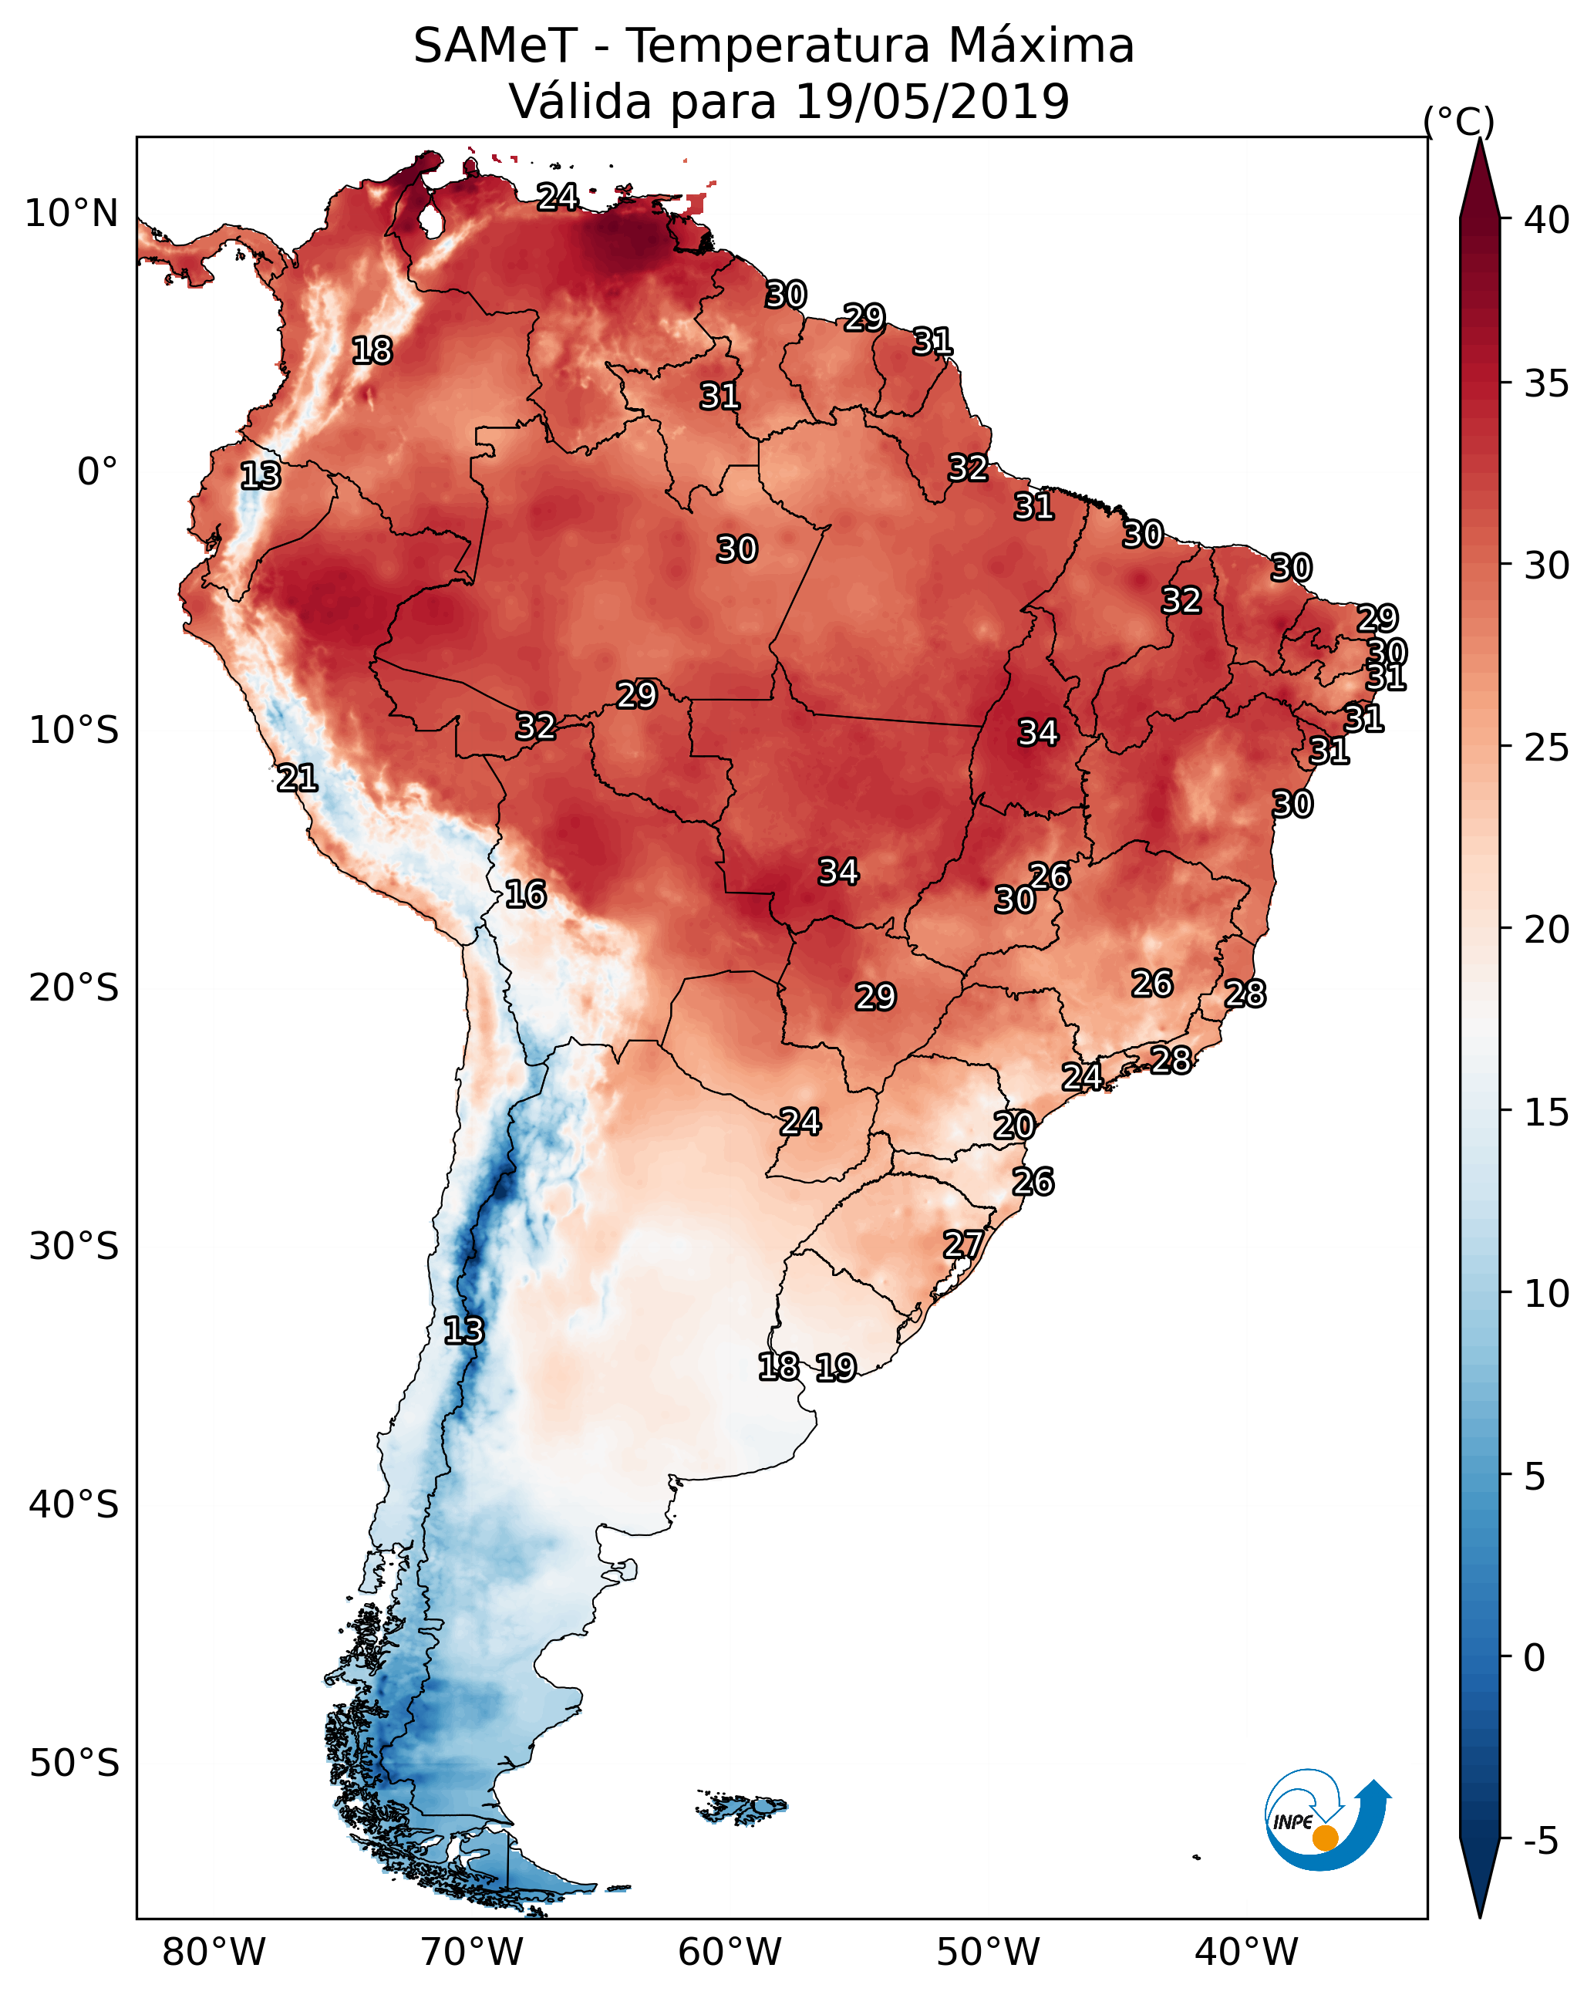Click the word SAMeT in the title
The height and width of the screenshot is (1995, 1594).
[x=494, y=46]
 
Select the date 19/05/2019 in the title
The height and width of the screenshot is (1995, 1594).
[x=932, y=102]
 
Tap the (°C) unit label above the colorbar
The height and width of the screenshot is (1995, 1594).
[x=1458, y=121]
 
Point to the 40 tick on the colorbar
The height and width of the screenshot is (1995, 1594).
[x=1547, y=220]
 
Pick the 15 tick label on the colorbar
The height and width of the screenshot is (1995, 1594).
[x=1547, y=1112]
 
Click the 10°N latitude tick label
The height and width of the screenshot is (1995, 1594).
[x=71, y=214]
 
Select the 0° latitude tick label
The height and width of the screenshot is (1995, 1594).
[x=97, y=472]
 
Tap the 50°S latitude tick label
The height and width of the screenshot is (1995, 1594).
[x=74, y=1763]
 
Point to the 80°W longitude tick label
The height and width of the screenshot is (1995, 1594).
[x=214, y=1952]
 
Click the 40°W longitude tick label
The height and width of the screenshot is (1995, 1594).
[x=1246, y=1952]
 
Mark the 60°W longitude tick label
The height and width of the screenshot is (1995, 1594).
[x=730, y=1952]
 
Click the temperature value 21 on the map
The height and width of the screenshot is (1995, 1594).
[x=297, y=778]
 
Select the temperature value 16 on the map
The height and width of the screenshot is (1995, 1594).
[x=525, y=894]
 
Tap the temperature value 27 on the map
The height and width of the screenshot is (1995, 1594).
[x=963, y=1244]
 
